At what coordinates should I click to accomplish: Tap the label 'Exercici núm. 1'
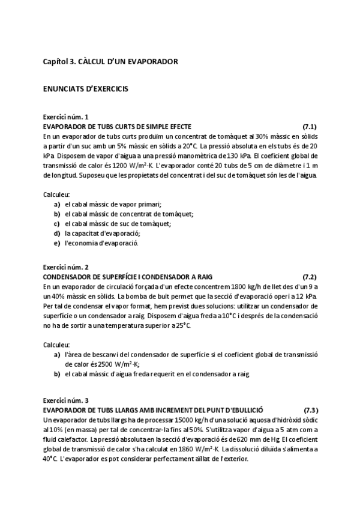(x=65, y=116)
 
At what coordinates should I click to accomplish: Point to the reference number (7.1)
(x=310, y=127)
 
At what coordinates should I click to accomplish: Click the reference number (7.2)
(x=310, y=277)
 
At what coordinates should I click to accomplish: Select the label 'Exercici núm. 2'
(x=65, y=267)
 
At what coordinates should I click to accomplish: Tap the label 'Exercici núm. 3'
(x=65, y=400)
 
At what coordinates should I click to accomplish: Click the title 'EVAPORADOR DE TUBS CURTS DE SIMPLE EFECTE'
(x=117, y=127)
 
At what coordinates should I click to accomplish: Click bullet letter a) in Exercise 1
(x=57, y=204)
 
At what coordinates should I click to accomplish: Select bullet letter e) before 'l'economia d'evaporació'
(x=57, y=243)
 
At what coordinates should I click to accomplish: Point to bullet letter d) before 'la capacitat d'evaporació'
(x=57, y=233)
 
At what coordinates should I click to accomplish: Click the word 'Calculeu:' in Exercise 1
(x=56, y=194)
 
